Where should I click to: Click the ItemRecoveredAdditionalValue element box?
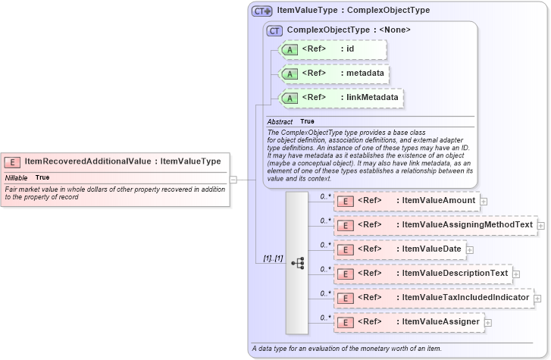[114, 161]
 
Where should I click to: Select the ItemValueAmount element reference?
[406, 201]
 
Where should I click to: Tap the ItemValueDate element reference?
[399, 249]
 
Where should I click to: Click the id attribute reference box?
[333, 50]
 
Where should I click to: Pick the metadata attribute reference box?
[334, 74]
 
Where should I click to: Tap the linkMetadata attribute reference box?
[341, 98]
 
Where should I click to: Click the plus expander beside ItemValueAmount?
[484, 202]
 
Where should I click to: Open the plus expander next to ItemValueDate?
[470, 249]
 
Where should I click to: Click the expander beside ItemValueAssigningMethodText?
[540, 226]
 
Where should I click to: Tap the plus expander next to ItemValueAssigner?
[487, 323]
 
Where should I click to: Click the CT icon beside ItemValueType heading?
[261, 11]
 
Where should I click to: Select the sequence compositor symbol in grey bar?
[297, 263]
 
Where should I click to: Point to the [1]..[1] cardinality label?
[272, 258]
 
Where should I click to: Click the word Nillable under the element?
[17, 177]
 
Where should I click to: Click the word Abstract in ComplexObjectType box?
[279, 121]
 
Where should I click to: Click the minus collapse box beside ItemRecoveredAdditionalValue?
[233, 180]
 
